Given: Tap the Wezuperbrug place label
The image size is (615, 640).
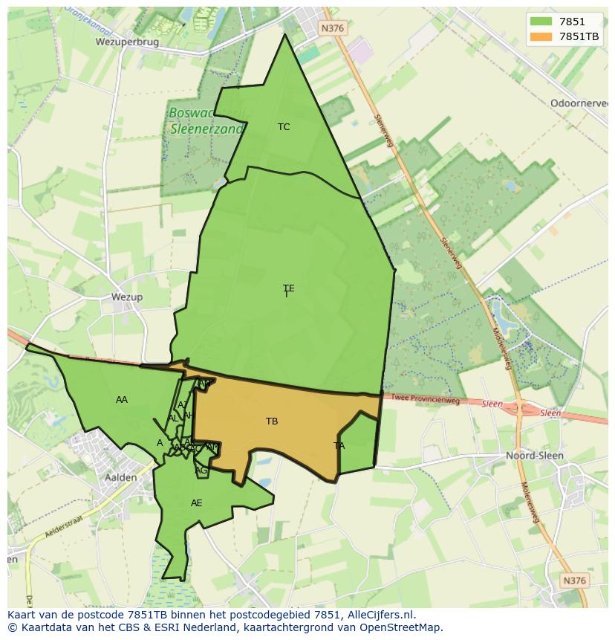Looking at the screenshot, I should pos(127,42).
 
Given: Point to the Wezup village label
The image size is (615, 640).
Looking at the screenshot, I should pos(126,297).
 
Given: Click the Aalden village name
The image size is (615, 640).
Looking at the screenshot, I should pos(120,477).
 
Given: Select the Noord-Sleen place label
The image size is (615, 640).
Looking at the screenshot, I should pos(534,455).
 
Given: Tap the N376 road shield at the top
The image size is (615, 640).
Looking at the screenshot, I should pos(332,28).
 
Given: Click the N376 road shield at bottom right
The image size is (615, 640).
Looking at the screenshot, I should pos(574,581).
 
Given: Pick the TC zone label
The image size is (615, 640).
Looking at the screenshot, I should pos(284,127).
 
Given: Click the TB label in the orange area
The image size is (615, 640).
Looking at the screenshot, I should pos(272,421).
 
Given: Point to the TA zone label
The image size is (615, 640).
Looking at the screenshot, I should pos(339,446).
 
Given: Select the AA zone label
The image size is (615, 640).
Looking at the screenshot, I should pos(122,400).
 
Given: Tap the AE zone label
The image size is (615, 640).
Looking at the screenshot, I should pos(196,503).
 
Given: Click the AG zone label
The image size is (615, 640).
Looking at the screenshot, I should pos(201,471).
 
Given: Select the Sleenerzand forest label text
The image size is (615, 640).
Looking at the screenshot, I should pos(206,129).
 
